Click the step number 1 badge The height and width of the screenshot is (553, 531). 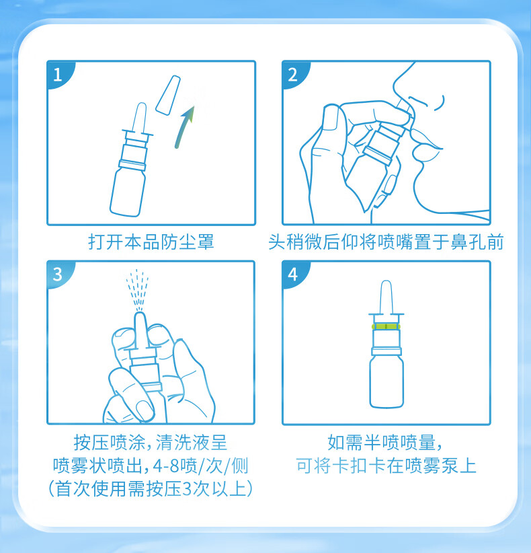[58, 75]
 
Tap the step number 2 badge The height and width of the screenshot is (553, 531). [293, 75]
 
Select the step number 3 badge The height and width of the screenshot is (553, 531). [58, 274]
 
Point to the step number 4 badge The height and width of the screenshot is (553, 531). [293, 274]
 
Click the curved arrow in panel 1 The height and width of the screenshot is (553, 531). [183, 127]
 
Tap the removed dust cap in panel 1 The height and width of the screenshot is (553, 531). [168, 96]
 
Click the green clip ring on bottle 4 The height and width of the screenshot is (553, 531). [386, 326]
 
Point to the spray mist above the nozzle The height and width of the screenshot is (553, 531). [138, 290]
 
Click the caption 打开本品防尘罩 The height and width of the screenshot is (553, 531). [151, 242]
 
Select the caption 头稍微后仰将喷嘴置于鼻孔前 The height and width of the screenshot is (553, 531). [386, 242]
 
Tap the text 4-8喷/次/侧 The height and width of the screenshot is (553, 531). [201, 466]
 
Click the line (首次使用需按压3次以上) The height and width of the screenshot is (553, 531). [151, 489]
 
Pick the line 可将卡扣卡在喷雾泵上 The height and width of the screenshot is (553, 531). [386, 466]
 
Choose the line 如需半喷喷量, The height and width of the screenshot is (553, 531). [384, 442]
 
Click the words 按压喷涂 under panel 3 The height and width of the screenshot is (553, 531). [110, 442]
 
